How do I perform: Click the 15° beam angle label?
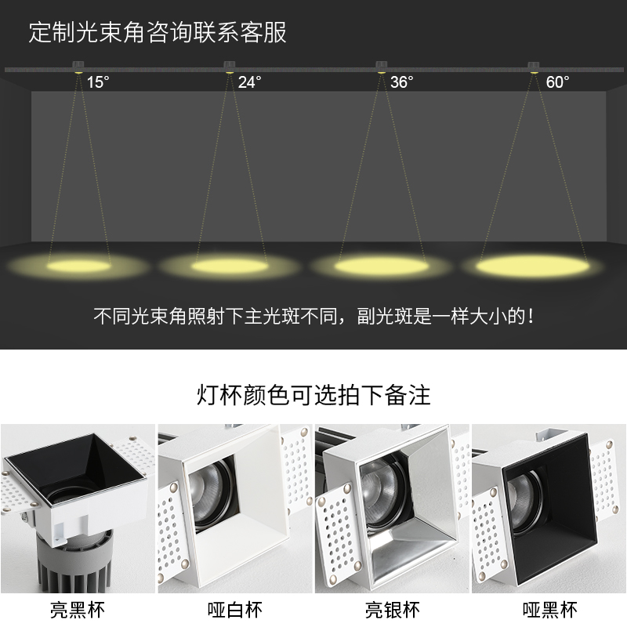click(x=98, y=82)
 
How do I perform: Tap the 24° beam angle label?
click(x=249, y=82)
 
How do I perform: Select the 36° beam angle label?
click(x=401, y=82)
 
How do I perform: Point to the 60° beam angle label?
click(x=557, y=82)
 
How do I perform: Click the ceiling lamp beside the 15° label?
click(x=78, y=68)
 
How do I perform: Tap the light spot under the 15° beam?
click(x=77, y=266)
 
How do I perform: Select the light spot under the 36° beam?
click(x=379, y=266)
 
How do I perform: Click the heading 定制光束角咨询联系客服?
click(x=158, y=33)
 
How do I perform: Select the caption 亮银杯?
click(x=392, y=609)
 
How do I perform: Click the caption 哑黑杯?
click(x=549, y=609)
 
